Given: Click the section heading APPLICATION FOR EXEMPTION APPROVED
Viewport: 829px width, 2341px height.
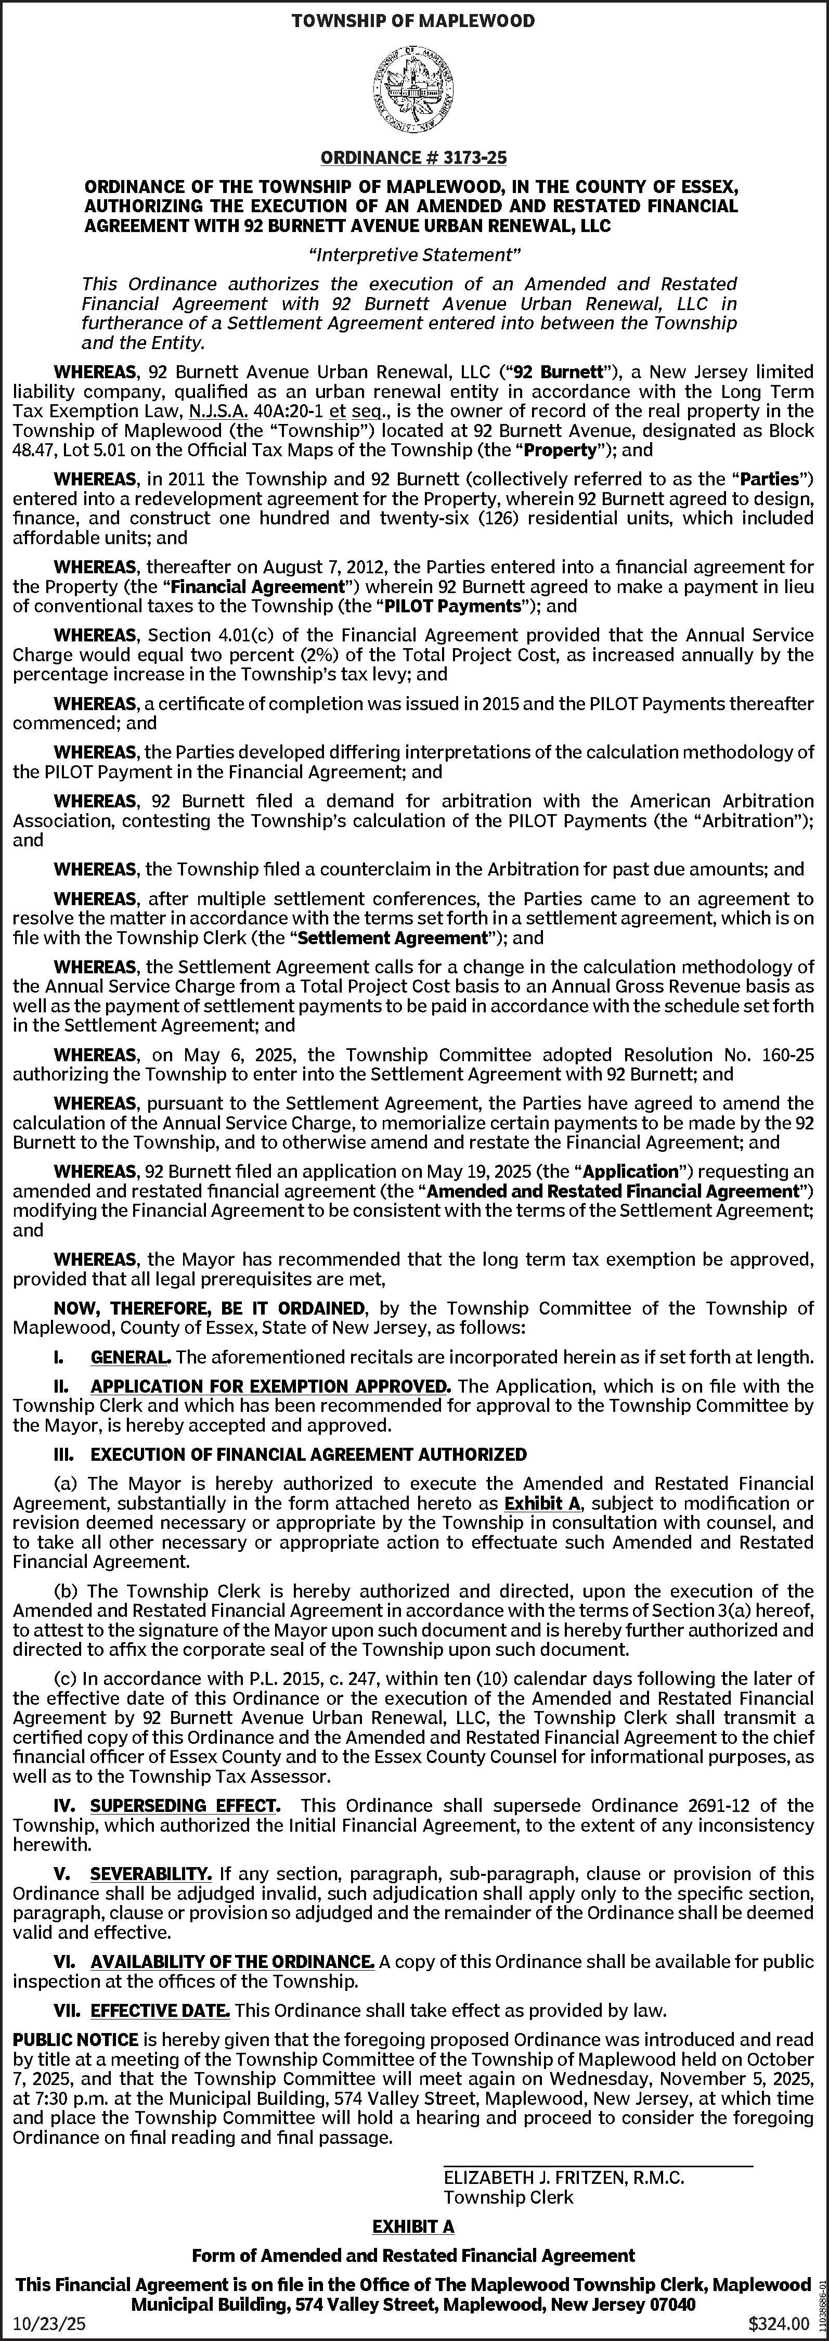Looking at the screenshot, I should point(270,1386).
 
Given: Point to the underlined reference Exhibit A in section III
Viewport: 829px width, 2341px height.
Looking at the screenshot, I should point(542,1503).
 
